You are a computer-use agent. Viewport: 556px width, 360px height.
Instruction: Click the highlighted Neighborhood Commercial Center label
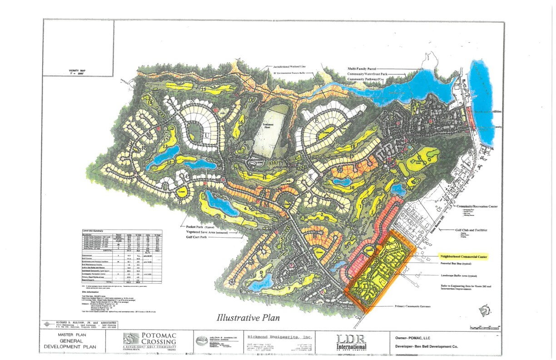pyautogui.click(x=462, y=257)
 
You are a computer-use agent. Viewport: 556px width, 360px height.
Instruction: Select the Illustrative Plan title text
pyautogui.click(x=248, y=317)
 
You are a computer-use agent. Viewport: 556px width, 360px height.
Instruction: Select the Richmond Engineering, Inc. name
pyautogui.click(x=280, y=337)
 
